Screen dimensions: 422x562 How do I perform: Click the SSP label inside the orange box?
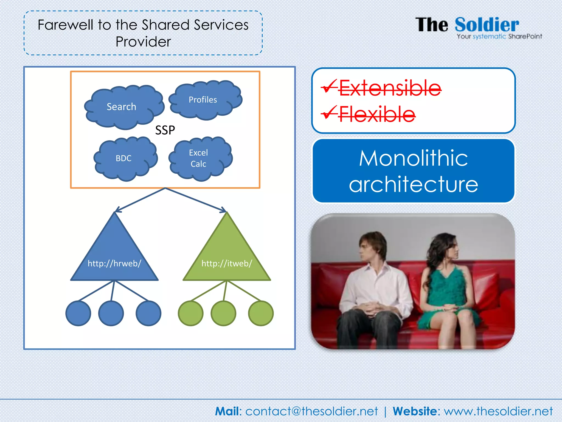coord(165,130)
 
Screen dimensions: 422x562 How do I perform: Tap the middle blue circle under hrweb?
coord(111,313)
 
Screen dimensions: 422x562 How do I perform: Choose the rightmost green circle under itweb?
coord(261,313)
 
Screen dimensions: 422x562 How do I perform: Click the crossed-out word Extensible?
coord(390,88)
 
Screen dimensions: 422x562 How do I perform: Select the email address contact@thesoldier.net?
coord(311,411)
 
